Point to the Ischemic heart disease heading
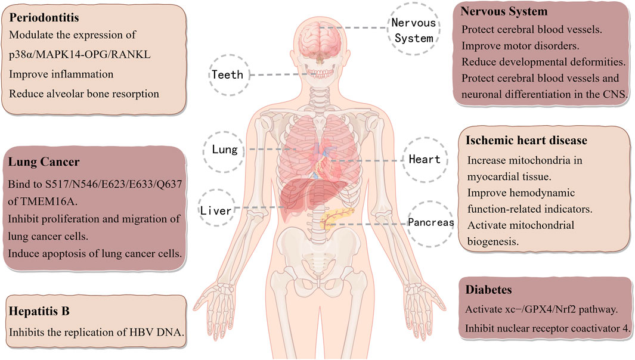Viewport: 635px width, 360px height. coord(527,141)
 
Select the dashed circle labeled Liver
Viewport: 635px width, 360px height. coord(216,210)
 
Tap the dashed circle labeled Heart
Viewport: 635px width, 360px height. coord(425,159)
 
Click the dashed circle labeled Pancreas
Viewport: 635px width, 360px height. coord(431,222)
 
